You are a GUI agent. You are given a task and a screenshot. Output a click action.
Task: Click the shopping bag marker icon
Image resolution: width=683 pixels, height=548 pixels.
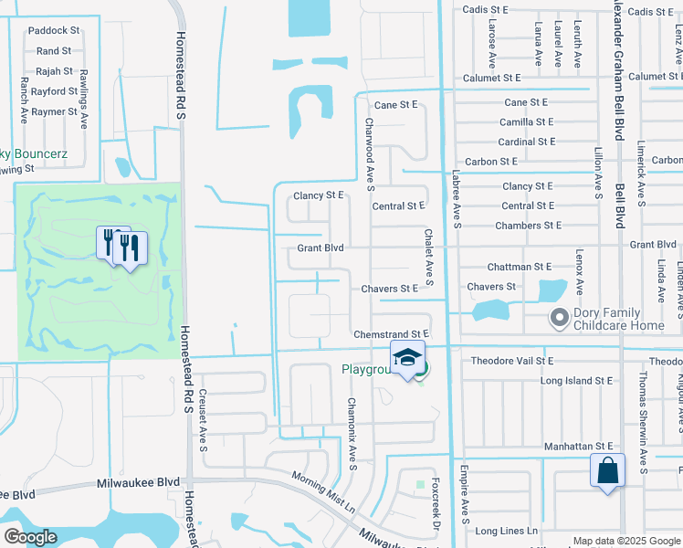click(607, 472)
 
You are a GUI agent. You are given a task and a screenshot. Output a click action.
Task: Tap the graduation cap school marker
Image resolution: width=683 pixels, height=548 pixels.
click(407, 358)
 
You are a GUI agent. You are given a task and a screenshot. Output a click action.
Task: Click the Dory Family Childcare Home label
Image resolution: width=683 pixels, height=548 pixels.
click(619, 319)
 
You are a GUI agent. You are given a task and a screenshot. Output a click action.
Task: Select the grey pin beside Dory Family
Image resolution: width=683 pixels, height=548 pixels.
click(558, 318)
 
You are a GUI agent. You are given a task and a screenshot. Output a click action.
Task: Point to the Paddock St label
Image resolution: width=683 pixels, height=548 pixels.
click(54, 30)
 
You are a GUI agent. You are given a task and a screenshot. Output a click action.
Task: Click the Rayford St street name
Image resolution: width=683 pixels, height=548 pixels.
click(53, 91)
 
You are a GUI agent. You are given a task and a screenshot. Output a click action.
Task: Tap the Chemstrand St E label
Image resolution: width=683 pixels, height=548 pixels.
click(391, 335)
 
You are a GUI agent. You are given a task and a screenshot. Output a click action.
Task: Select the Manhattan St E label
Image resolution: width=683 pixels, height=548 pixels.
click(578, 446)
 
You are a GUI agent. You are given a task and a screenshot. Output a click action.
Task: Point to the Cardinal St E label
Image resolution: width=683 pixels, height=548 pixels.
click(527, 142)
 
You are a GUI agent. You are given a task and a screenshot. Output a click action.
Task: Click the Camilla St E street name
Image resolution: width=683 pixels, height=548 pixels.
click(526, 121)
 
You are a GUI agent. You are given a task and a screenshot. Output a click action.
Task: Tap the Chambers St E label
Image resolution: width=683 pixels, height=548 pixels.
click(528, 225)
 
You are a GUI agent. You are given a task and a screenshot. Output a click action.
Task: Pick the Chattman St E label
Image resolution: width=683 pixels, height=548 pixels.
click(520, 267)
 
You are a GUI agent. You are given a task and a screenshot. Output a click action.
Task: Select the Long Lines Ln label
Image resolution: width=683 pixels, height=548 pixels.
click(505, 531)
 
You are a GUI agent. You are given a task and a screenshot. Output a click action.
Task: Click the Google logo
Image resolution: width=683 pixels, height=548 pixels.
click(30, 537)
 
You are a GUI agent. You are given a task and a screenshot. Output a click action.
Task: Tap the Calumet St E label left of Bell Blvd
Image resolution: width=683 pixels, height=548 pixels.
click(491, 79)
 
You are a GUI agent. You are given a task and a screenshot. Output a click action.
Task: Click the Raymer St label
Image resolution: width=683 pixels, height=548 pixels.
click(53, 111)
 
